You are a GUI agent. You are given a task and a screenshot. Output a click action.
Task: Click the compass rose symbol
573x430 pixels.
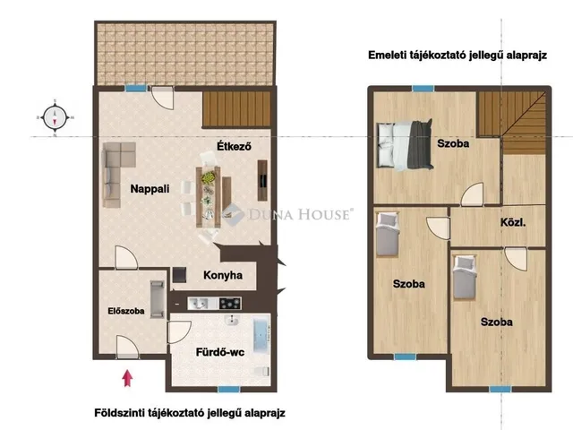coord(55,117)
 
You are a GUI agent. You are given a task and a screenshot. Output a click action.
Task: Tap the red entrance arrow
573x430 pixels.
coord(127,378)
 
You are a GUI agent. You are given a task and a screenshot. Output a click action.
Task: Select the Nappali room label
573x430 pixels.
coord(150,189)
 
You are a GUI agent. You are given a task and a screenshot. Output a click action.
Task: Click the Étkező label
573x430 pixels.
coord(234,146)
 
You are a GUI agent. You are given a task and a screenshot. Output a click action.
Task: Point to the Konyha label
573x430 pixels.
coord(223,275)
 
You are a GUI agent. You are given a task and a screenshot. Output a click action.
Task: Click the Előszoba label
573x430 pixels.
coord(126,311)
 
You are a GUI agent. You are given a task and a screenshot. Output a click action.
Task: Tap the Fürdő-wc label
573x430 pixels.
coord(220,352)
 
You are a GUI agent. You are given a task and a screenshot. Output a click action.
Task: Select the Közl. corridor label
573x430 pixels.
coord(513,222)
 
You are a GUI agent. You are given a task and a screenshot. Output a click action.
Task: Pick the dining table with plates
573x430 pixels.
coord(209,197)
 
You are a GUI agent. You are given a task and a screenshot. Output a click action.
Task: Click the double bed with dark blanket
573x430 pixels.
coord(405,145)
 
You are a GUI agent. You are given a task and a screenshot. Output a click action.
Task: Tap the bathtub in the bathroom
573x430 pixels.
coord(261,334)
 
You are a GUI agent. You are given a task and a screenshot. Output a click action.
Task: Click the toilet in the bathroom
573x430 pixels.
coord(261,372)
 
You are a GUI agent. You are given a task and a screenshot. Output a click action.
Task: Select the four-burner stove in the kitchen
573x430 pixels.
coord(230,303)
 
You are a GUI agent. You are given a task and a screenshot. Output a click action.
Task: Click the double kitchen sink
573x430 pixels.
coord(199,303)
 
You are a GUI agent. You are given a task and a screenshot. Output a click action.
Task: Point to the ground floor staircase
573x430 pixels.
coord(236,109)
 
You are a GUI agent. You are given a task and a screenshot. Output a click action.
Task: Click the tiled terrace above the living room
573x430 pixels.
coord(185,54)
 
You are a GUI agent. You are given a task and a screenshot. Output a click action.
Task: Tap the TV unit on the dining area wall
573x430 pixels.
coord(262,180)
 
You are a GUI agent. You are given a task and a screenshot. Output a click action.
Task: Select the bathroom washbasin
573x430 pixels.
coord(232,321)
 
